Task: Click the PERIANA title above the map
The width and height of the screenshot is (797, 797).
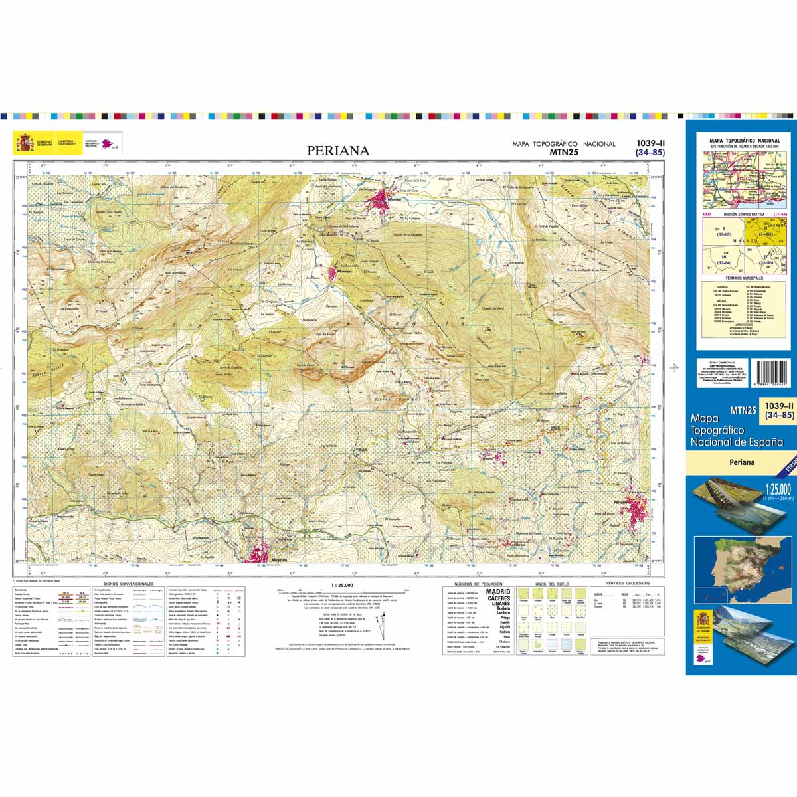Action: (338, 151)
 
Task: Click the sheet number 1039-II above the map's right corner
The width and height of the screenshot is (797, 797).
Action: (650, 143)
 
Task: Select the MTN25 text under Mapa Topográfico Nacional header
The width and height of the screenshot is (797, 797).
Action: (563, 152)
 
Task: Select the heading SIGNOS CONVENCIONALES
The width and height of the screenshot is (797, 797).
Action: (124, 584)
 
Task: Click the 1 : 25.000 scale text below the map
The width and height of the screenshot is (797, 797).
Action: (341, 585)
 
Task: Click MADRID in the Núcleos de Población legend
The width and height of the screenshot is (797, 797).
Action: (498, 591)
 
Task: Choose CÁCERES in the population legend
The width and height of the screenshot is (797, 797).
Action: (499, 598)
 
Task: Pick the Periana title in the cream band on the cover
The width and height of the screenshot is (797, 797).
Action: (741, 462)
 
